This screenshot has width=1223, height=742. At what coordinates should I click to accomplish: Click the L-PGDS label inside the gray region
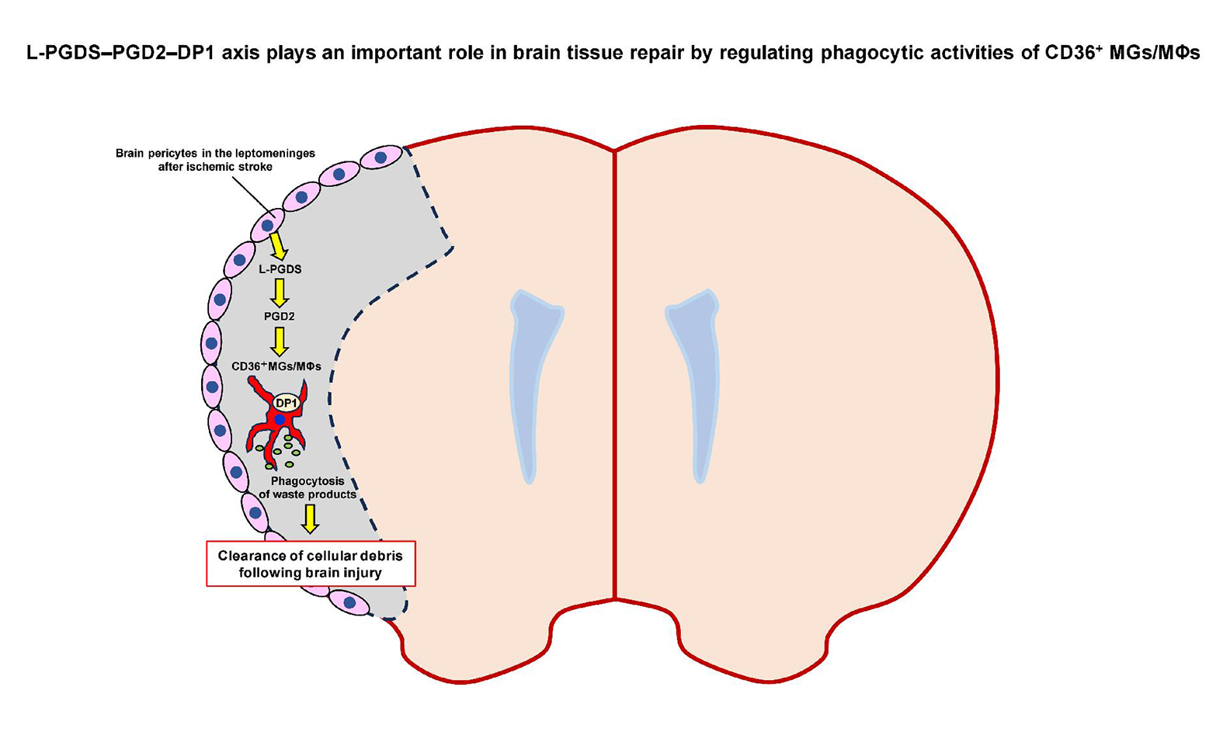280,269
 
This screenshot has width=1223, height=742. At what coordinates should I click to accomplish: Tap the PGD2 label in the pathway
280,317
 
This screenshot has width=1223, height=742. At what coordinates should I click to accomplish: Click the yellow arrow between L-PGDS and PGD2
280,293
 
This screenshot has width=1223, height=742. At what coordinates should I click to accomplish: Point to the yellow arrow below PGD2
280,341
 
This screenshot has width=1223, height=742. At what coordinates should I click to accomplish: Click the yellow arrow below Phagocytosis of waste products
310,518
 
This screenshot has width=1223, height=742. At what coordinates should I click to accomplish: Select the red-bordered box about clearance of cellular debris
311,563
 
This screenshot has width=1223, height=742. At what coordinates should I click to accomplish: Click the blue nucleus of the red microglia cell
280,420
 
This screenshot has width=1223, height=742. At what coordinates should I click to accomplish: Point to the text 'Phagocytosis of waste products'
307,487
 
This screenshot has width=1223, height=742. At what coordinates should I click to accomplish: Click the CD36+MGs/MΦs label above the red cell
276,366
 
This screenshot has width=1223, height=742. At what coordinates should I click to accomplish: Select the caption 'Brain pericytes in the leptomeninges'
215,154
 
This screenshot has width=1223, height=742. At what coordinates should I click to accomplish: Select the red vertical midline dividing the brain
614,373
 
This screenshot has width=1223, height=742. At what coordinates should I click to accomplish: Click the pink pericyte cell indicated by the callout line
267,225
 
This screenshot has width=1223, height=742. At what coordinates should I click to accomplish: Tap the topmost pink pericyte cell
380,158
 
